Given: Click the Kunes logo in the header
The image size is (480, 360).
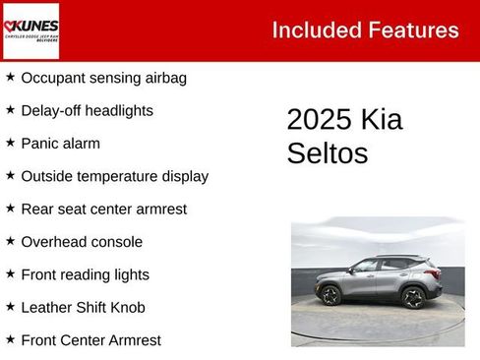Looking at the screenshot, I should pos(31,30).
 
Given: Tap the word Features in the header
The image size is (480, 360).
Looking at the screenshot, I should pos(413,30).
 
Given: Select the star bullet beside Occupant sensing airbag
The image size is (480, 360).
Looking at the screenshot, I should pos(10,77).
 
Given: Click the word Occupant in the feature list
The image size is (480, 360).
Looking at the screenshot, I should pos(53,78).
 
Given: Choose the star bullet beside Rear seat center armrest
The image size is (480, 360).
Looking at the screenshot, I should pos(10,209).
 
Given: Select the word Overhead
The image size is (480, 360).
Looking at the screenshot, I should pos(55,242).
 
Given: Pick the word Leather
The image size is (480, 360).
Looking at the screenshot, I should pos(47,308).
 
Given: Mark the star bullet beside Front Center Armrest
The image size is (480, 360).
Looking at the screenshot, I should pos(10,339).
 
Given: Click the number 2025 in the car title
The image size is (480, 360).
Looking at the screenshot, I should pos(319,120).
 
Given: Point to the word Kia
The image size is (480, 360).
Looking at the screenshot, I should pos(382,120).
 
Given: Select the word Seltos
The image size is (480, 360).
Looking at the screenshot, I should pos(327,153).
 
